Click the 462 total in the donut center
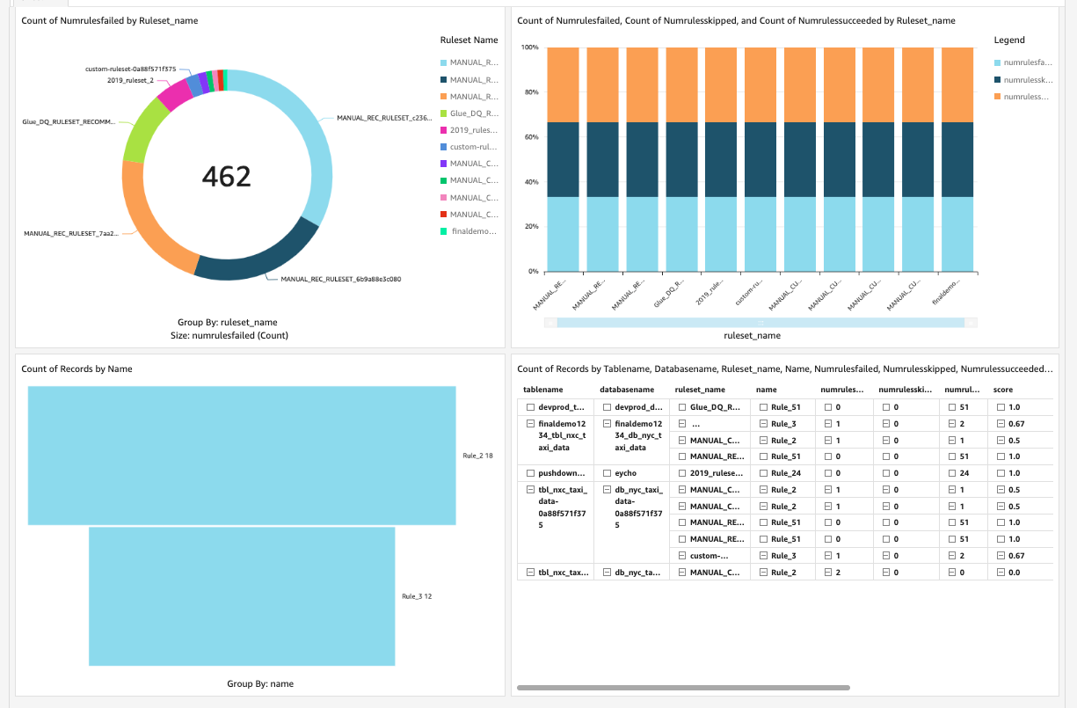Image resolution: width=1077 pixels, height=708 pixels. [227, 177]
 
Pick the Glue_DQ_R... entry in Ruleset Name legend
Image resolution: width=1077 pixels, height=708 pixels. [474, 113]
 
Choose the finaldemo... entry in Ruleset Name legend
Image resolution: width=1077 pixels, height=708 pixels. [474, 231]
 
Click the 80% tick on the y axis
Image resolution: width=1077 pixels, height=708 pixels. [532, 91]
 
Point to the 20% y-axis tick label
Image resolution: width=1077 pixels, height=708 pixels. [532, 226]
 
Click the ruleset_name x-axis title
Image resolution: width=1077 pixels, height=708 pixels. [752, 335]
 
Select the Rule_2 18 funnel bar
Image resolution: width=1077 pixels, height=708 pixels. [242, 456]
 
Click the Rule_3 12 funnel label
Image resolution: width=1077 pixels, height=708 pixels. [417, 596]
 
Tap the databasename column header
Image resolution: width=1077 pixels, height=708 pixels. [627, 389]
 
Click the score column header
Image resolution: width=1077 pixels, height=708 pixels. [1003, 389]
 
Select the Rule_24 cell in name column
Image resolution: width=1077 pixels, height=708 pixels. [785, 473]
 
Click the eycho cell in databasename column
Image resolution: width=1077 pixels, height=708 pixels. [625, 473]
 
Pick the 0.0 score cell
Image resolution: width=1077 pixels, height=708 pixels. [1014, 573]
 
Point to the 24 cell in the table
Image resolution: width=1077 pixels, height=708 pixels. [964, 473]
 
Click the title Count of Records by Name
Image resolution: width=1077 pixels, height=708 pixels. [76, 369]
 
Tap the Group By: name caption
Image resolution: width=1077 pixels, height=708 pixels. [260, 683]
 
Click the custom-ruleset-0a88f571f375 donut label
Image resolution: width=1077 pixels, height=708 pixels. [130, 69]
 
